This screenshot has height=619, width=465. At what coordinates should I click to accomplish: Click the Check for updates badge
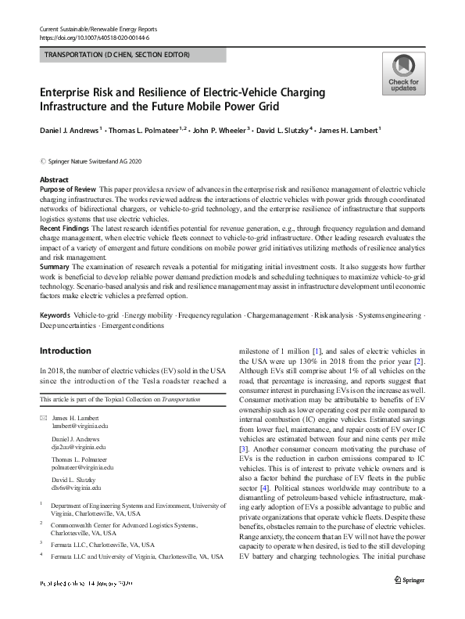click(403, 74)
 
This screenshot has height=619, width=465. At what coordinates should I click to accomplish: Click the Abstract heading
click(54, 180)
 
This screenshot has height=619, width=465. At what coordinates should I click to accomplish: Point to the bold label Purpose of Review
click(68, 189)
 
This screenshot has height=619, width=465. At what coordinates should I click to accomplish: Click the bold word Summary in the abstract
click(55, 268)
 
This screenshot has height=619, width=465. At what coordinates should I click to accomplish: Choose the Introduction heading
click(66, 350)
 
